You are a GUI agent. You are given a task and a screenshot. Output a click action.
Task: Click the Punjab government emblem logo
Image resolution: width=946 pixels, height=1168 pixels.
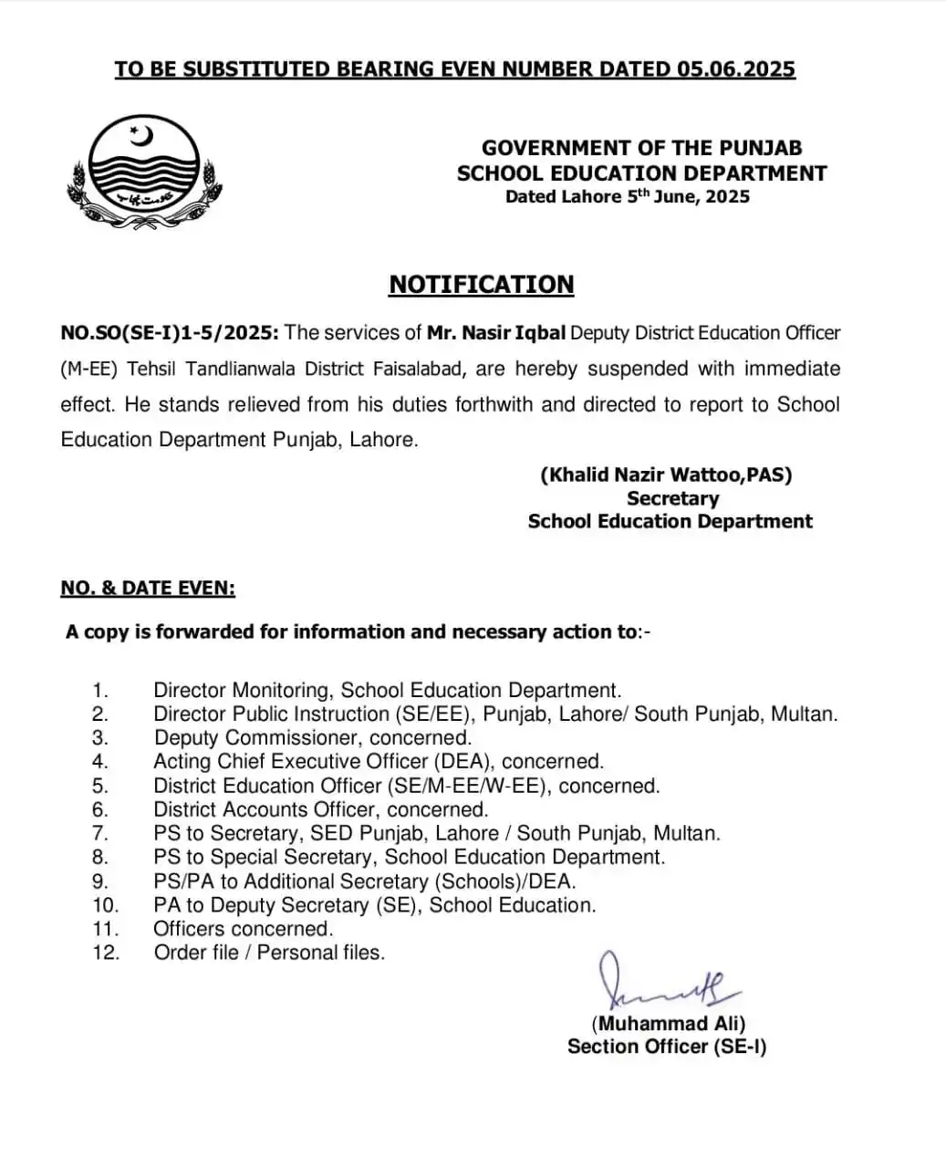click(x=144, y=170)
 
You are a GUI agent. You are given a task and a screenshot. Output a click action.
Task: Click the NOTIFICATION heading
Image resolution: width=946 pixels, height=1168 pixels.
click(x=482, y=285)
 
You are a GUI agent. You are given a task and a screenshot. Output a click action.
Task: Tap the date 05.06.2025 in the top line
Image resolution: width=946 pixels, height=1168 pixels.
click(x=736, y=69)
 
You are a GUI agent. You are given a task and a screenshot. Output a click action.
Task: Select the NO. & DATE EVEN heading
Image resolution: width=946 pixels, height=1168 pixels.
click(x=148, y=589)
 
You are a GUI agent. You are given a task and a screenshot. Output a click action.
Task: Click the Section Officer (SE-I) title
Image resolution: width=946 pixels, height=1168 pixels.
click(x=667, y=1047)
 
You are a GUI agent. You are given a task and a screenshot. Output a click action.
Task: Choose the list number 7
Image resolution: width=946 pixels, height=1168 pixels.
click(x=99, y=833)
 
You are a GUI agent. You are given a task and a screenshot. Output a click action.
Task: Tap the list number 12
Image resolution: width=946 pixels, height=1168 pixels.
click(x=105, y=953)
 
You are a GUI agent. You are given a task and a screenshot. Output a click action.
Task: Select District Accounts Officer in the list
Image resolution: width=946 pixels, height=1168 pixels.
click(x=264, y=809)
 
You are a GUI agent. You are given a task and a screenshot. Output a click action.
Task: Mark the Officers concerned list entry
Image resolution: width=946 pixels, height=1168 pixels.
click(x=243, y=929)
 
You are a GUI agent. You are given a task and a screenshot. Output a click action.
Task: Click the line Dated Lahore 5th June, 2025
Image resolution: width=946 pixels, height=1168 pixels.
click(x=628, y=196)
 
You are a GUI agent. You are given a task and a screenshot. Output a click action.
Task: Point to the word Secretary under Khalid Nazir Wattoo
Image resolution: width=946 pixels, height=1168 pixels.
click(x=672, y=498)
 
